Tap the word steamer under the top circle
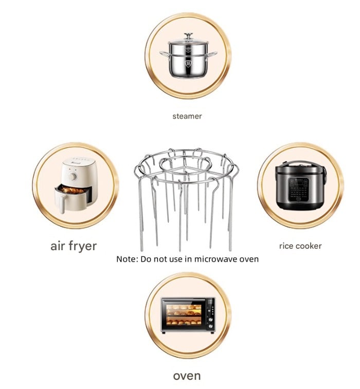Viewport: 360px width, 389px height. click(x=187, y=116)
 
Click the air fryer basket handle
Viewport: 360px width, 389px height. click(x=62, y=203)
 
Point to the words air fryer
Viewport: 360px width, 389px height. click(x=74, y=246)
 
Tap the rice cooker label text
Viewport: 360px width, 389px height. click(x=300, y=246)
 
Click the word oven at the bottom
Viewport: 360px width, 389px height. click(x=187, y=376)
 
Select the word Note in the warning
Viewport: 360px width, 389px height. click(x=126, y=259)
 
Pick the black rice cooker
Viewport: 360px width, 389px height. click(x=300, y=186)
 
